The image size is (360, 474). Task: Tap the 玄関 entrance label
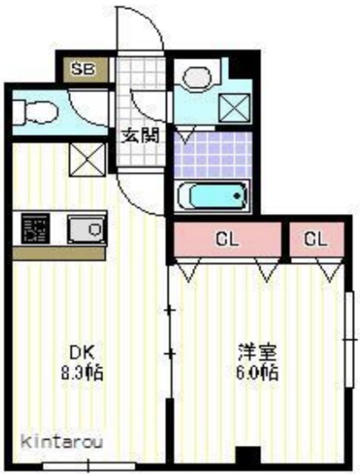pyautogui.click(x=139, y=136)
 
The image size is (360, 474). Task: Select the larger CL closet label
pyautogui.click(x=227, y=240)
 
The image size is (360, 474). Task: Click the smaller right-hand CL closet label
pyautogui.click(x=316, y=240)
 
